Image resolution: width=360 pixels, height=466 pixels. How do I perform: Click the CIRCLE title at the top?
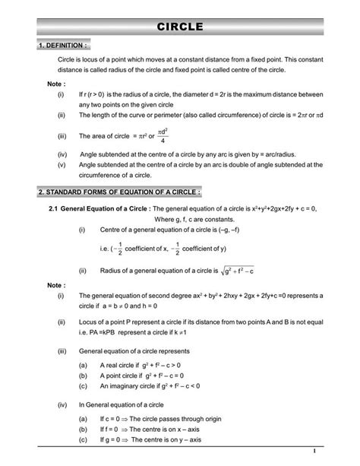180,27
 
